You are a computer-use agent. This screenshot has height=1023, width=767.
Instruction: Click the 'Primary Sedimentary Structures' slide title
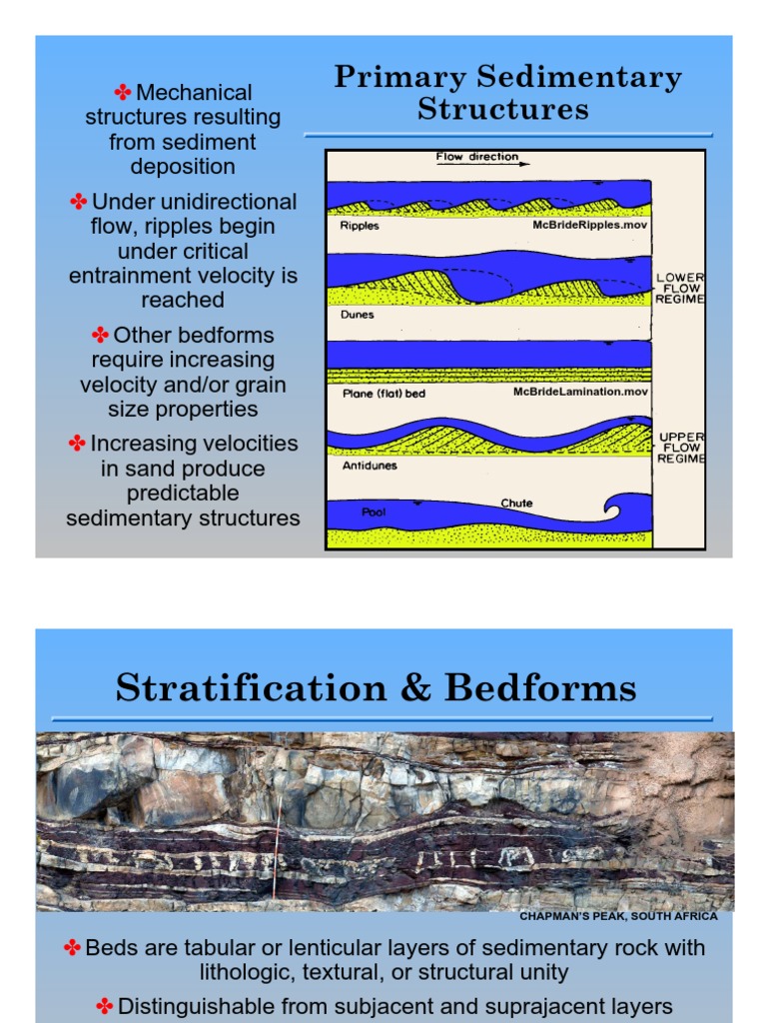pyautogui.click(x=507, y=92)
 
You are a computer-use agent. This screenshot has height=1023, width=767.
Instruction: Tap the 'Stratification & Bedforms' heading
pyautogui.click(x=376, y=687)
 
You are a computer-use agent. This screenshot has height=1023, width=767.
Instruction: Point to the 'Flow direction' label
pyautogui.click(x=477, y=157)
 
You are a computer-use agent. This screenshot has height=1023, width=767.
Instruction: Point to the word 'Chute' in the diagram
pyautogui.click(x=516, y=503)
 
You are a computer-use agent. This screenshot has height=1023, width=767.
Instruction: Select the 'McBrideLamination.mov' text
pyautogui.click(x=580, y=392)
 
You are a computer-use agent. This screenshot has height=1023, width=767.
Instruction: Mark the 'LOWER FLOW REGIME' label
pyautogui.click(x=680, y=287)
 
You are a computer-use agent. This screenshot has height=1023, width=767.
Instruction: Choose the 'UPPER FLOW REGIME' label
pyautogui.click(x=681, y=448)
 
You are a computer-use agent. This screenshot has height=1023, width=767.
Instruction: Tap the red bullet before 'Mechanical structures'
pyautogui.click(x=123, y=93)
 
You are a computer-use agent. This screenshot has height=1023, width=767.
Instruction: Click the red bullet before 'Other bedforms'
pyautogui.click(x=100, y=335)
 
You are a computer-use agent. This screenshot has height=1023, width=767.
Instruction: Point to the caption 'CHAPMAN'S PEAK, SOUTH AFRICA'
pyautogui.click(x=618, y=916)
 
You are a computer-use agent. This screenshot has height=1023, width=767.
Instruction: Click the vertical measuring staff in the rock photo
pyautogui.click(x=277, y=844)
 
